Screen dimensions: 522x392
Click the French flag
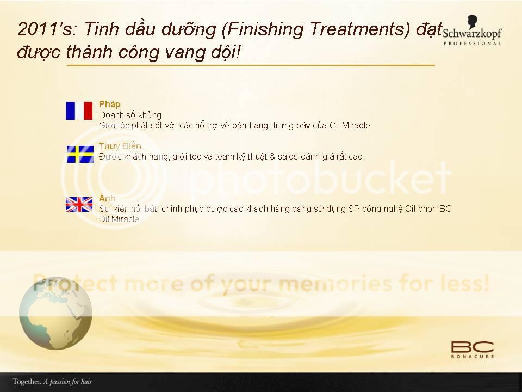79,111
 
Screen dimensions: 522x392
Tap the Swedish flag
80,154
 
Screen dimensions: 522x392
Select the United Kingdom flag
79,204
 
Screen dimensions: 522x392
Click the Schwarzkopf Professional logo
472,30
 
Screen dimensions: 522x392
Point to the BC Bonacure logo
473,350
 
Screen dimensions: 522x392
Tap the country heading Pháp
109,105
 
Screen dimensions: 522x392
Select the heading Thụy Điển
120,146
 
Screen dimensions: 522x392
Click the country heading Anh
107,198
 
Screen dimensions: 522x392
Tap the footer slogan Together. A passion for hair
52,381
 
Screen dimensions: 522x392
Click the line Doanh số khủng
130,115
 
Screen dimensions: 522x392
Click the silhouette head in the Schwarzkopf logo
472,22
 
